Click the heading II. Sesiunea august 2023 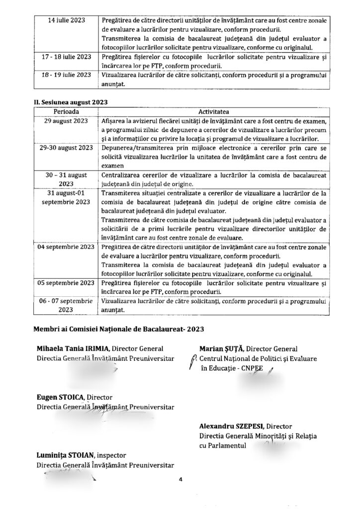click(x=70, y=101)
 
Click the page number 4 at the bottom click(x=181, y=480)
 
